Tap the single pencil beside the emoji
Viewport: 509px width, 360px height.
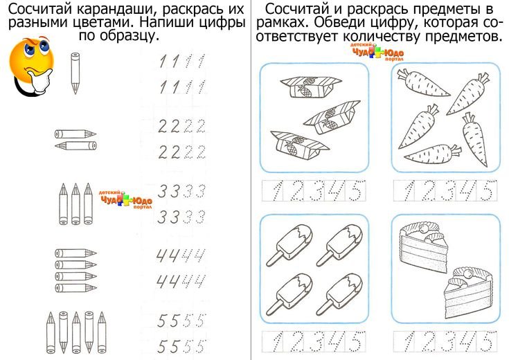(75, 73)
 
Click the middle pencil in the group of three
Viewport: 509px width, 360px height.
(75, 204)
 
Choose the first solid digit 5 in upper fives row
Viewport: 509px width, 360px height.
(161, 321)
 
